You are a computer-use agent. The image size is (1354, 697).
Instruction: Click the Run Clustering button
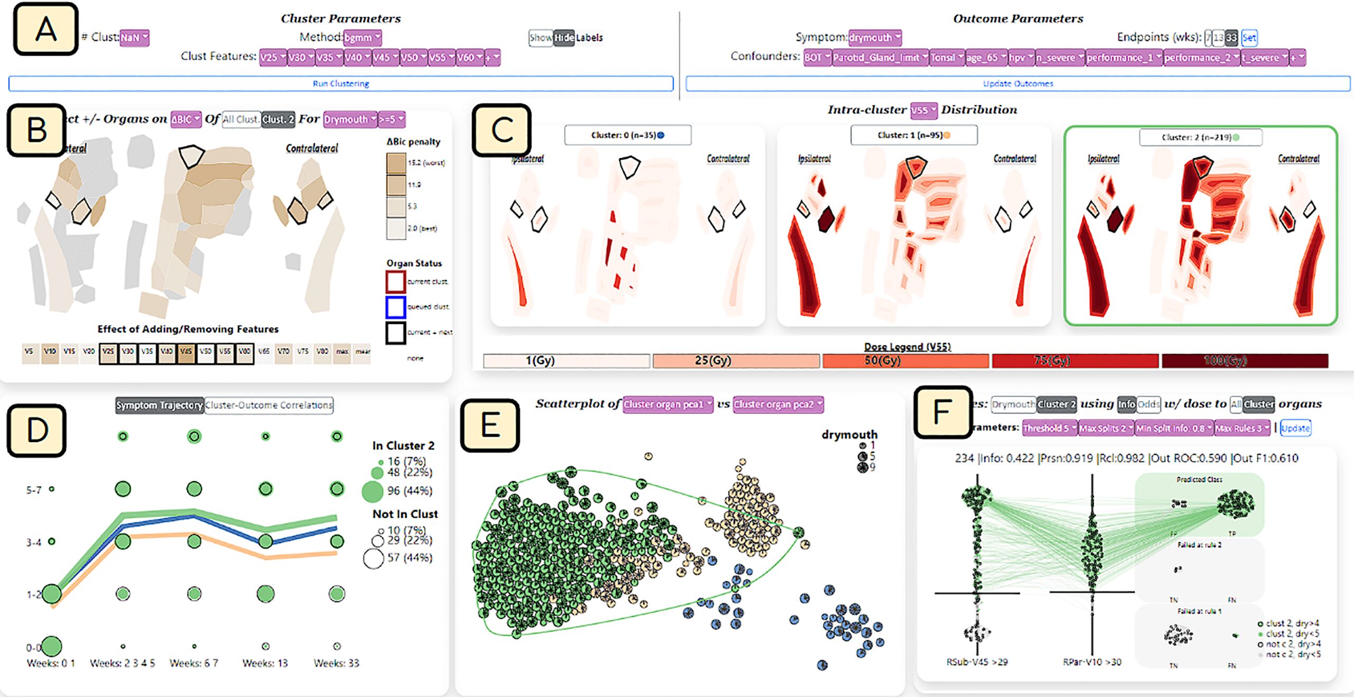click(341, 84)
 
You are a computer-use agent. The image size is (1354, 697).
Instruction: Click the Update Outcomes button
click(1018, 84)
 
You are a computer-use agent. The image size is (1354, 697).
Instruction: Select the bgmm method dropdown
click(362, 38)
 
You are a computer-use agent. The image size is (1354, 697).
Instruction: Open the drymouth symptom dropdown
click(875, 38)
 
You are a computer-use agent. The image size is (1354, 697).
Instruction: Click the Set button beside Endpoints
click(1249, 38)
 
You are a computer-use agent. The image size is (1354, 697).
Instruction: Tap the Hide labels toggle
click(564, 38)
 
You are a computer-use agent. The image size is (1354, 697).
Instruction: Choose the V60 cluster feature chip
click(470, 57)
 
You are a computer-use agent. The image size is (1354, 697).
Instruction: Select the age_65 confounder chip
click(985, 57)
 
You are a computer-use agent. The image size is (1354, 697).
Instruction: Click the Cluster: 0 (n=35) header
click(627, 135)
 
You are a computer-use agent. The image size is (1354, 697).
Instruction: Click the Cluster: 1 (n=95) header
click(913, 135)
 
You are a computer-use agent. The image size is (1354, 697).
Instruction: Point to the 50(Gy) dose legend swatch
click(905, 361)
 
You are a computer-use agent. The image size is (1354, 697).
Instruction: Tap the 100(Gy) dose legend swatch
click(1245, 361)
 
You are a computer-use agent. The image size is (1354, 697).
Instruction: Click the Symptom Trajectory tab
click(160, 405)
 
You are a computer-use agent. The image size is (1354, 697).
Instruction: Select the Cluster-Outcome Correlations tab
click(269, 405)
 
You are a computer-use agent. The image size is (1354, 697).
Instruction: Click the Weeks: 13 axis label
click(265, 663)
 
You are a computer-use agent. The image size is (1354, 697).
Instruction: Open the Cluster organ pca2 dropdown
click(777, 405)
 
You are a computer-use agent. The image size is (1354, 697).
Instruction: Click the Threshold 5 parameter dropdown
click(1049, 428)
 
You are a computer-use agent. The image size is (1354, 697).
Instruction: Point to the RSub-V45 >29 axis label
click(977, 662)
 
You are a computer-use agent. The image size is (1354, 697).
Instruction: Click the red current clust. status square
click(396, 281)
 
